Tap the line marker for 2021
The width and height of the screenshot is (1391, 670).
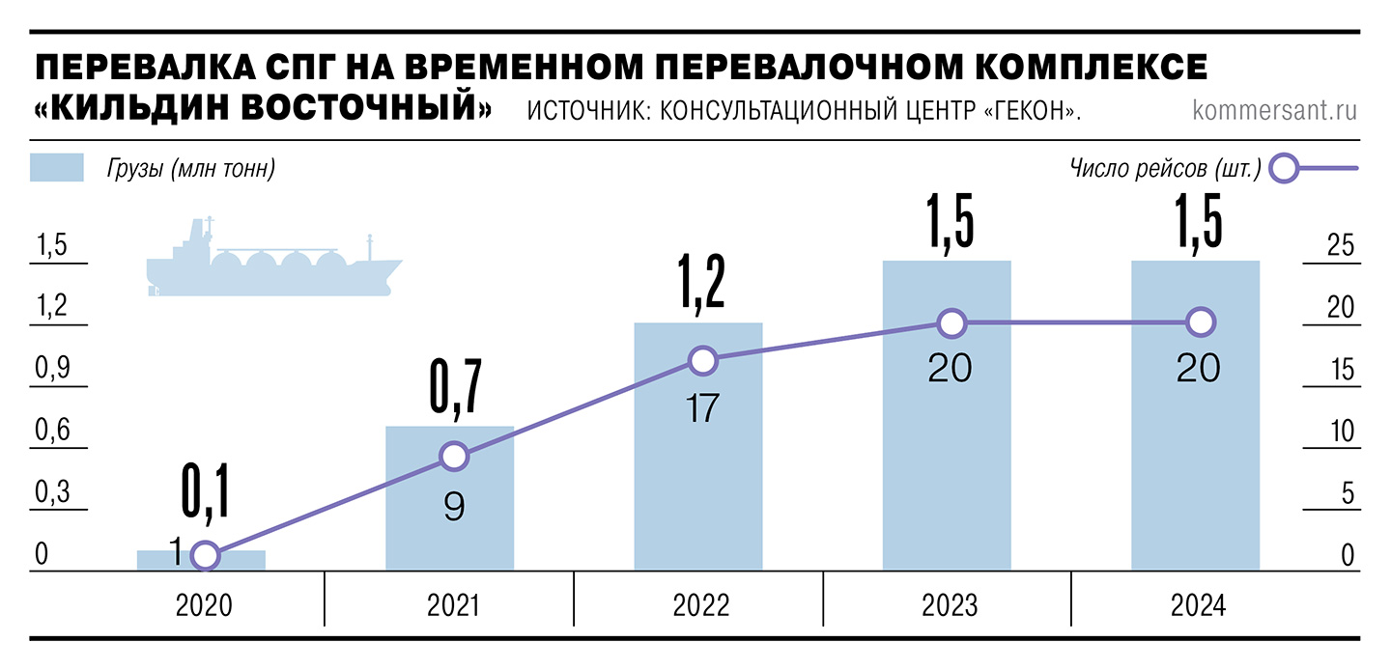453,457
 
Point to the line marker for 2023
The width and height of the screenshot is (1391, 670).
951,323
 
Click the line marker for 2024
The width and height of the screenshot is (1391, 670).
1200,322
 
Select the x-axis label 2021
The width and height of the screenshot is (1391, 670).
452,606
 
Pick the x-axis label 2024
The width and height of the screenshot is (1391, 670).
1198,606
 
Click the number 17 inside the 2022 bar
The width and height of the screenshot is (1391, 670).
699,407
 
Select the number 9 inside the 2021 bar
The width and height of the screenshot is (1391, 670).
453,507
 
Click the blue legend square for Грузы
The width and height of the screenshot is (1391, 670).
57,168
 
